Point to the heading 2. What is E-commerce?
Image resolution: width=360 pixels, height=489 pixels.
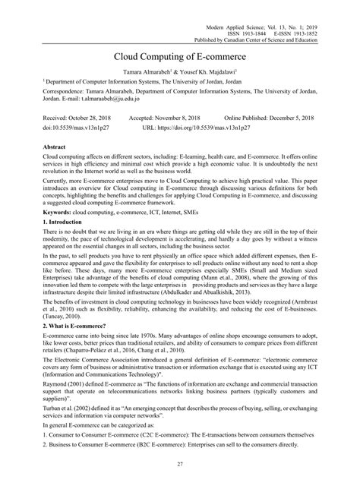pyautogui.click(x=55, y=325)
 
